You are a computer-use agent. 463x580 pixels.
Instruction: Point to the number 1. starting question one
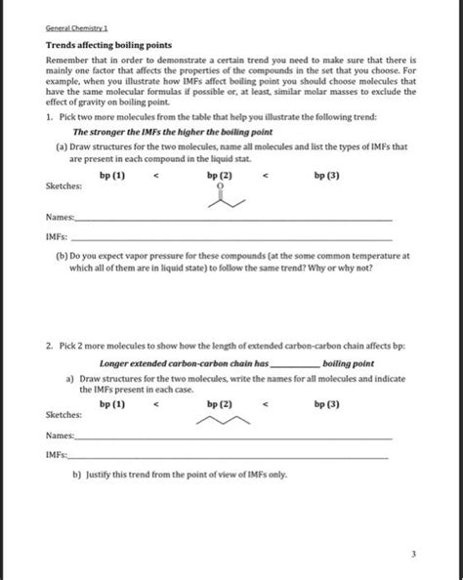pyautogui.click(x=49, y=117)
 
